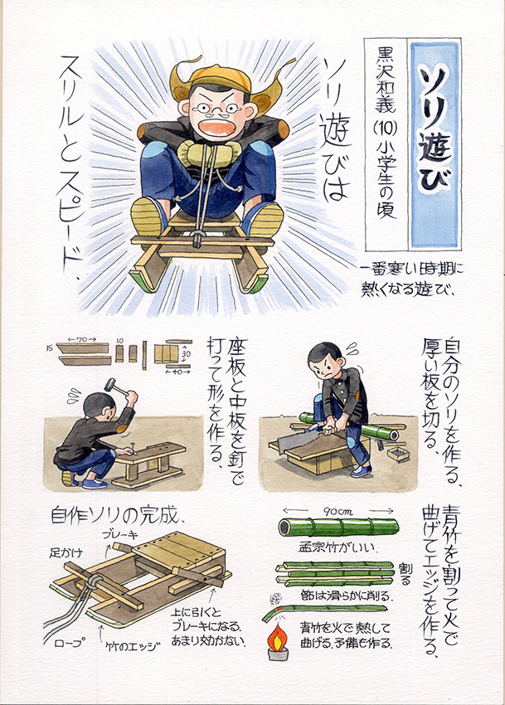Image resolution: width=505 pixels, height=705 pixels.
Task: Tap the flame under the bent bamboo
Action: [x=278, y=638]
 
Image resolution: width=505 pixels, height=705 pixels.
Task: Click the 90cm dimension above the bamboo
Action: [x=337, y=511]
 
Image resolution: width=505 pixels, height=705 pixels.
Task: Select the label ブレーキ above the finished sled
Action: [x=120, y=535]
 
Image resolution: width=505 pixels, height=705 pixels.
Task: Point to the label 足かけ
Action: [x=66, y=552]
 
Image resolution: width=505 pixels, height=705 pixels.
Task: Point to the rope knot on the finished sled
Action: [x=93, y=581]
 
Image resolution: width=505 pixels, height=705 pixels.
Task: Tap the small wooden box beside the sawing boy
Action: [x=398, y=452]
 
